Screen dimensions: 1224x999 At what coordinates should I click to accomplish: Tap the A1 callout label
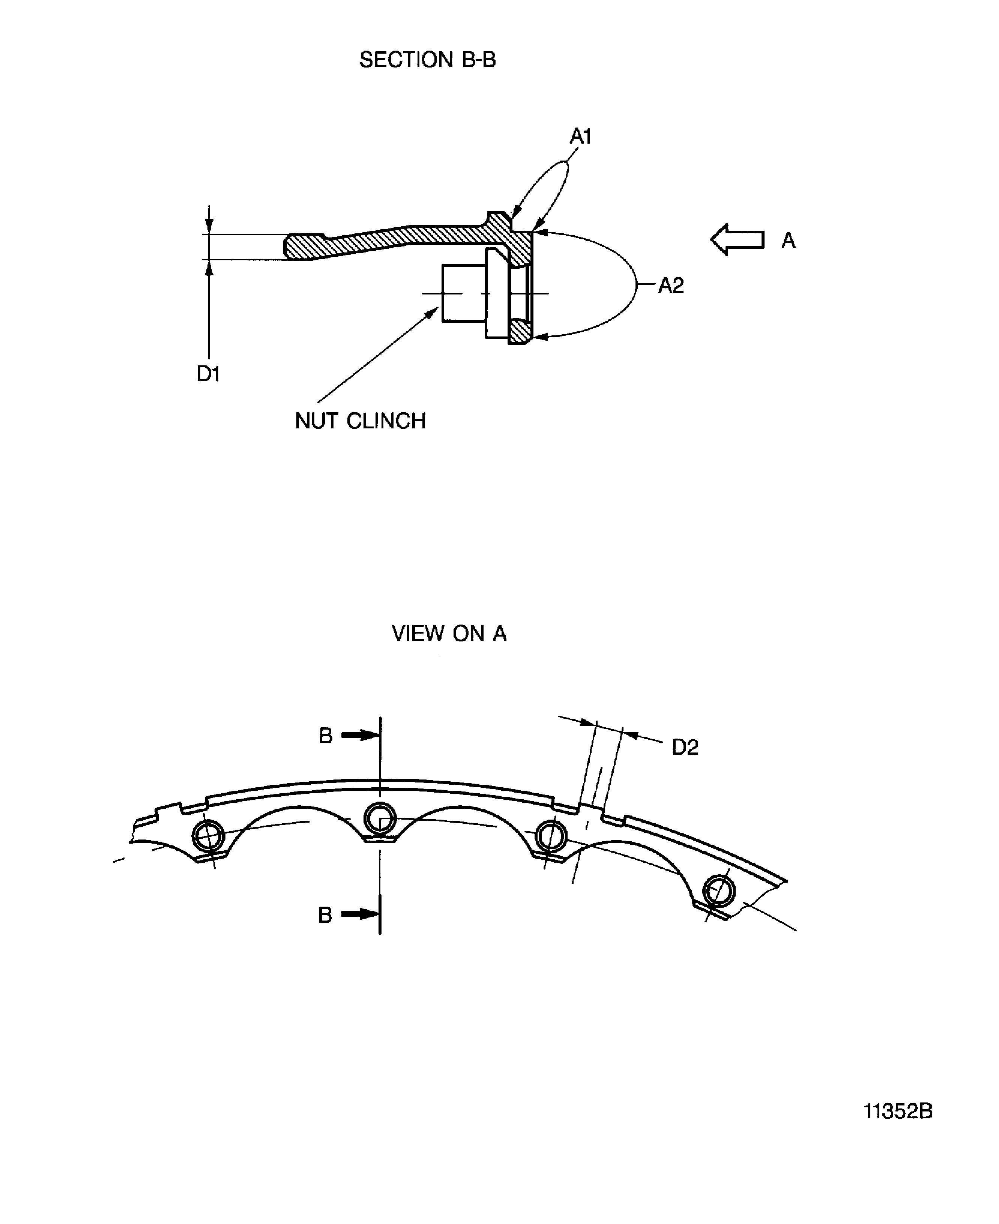pos(581,137)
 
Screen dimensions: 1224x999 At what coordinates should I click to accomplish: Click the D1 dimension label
pos(208,374)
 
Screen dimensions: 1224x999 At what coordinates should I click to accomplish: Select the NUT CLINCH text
pos(360,421)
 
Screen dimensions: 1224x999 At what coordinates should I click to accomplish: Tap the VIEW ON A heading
pos(449,634)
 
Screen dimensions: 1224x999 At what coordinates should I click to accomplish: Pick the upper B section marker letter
pos(326,736)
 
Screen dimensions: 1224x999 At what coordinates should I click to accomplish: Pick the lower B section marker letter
pos(325,915)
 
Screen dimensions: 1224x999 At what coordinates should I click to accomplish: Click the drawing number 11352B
pos(898,1111)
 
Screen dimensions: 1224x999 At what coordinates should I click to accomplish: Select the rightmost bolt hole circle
pos(719,891)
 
